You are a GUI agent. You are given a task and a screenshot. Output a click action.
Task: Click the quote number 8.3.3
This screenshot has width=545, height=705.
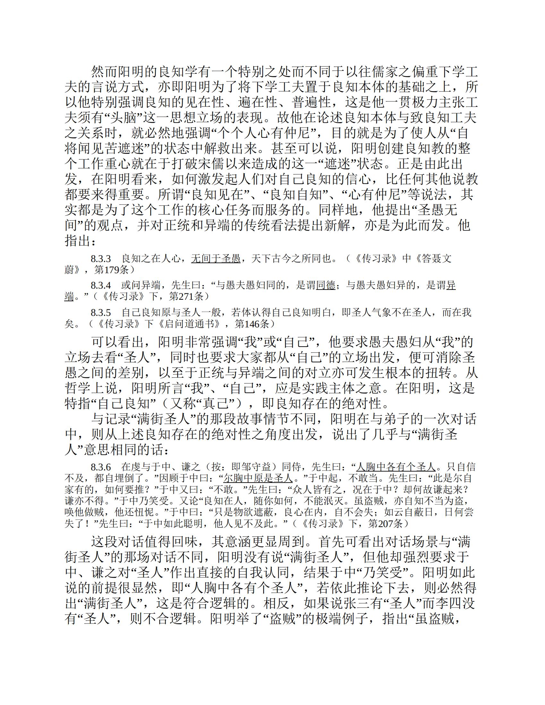tap(100, 259)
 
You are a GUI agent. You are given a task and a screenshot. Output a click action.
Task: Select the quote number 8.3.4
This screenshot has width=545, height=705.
tap(100, 285)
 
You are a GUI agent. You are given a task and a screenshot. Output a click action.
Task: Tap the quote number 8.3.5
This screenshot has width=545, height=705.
tap(100, 312)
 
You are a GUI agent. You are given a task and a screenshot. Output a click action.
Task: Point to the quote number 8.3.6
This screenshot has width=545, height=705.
tap(100, 467)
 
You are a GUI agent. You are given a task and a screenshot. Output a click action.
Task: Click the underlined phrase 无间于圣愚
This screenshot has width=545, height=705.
tap(216, 259)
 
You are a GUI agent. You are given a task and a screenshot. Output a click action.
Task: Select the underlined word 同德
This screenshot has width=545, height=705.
tap(325, 285)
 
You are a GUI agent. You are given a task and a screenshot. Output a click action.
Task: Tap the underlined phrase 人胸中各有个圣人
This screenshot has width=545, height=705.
tap(396, 467)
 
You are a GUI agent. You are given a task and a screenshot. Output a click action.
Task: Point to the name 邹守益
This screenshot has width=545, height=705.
tap(254, 467)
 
